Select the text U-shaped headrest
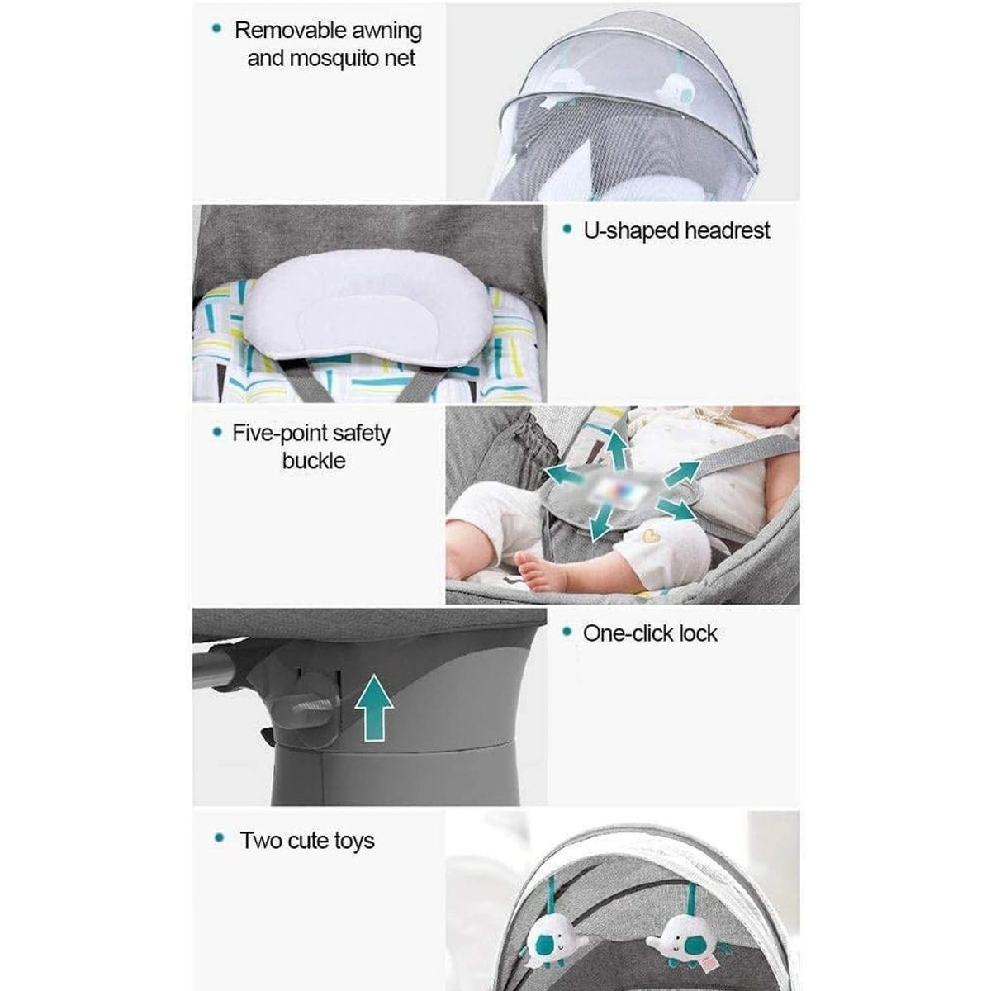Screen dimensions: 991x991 coord(676,231)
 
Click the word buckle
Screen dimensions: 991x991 coord(314,461)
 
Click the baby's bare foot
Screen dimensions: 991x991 coord(539,570)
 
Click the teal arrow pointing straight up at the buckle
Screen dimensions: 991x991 coord(617,449)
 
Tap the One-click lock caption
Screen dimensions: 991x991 coord(650,633)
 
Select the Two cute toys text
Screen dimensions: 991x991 coord(307,841)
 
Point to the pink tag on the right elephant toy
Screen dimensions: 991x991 coord(706,946)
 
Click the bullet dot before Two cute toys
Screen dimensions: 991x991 coord(219,838)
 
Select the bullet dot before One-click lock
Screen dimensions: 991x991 coord(567,631)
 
